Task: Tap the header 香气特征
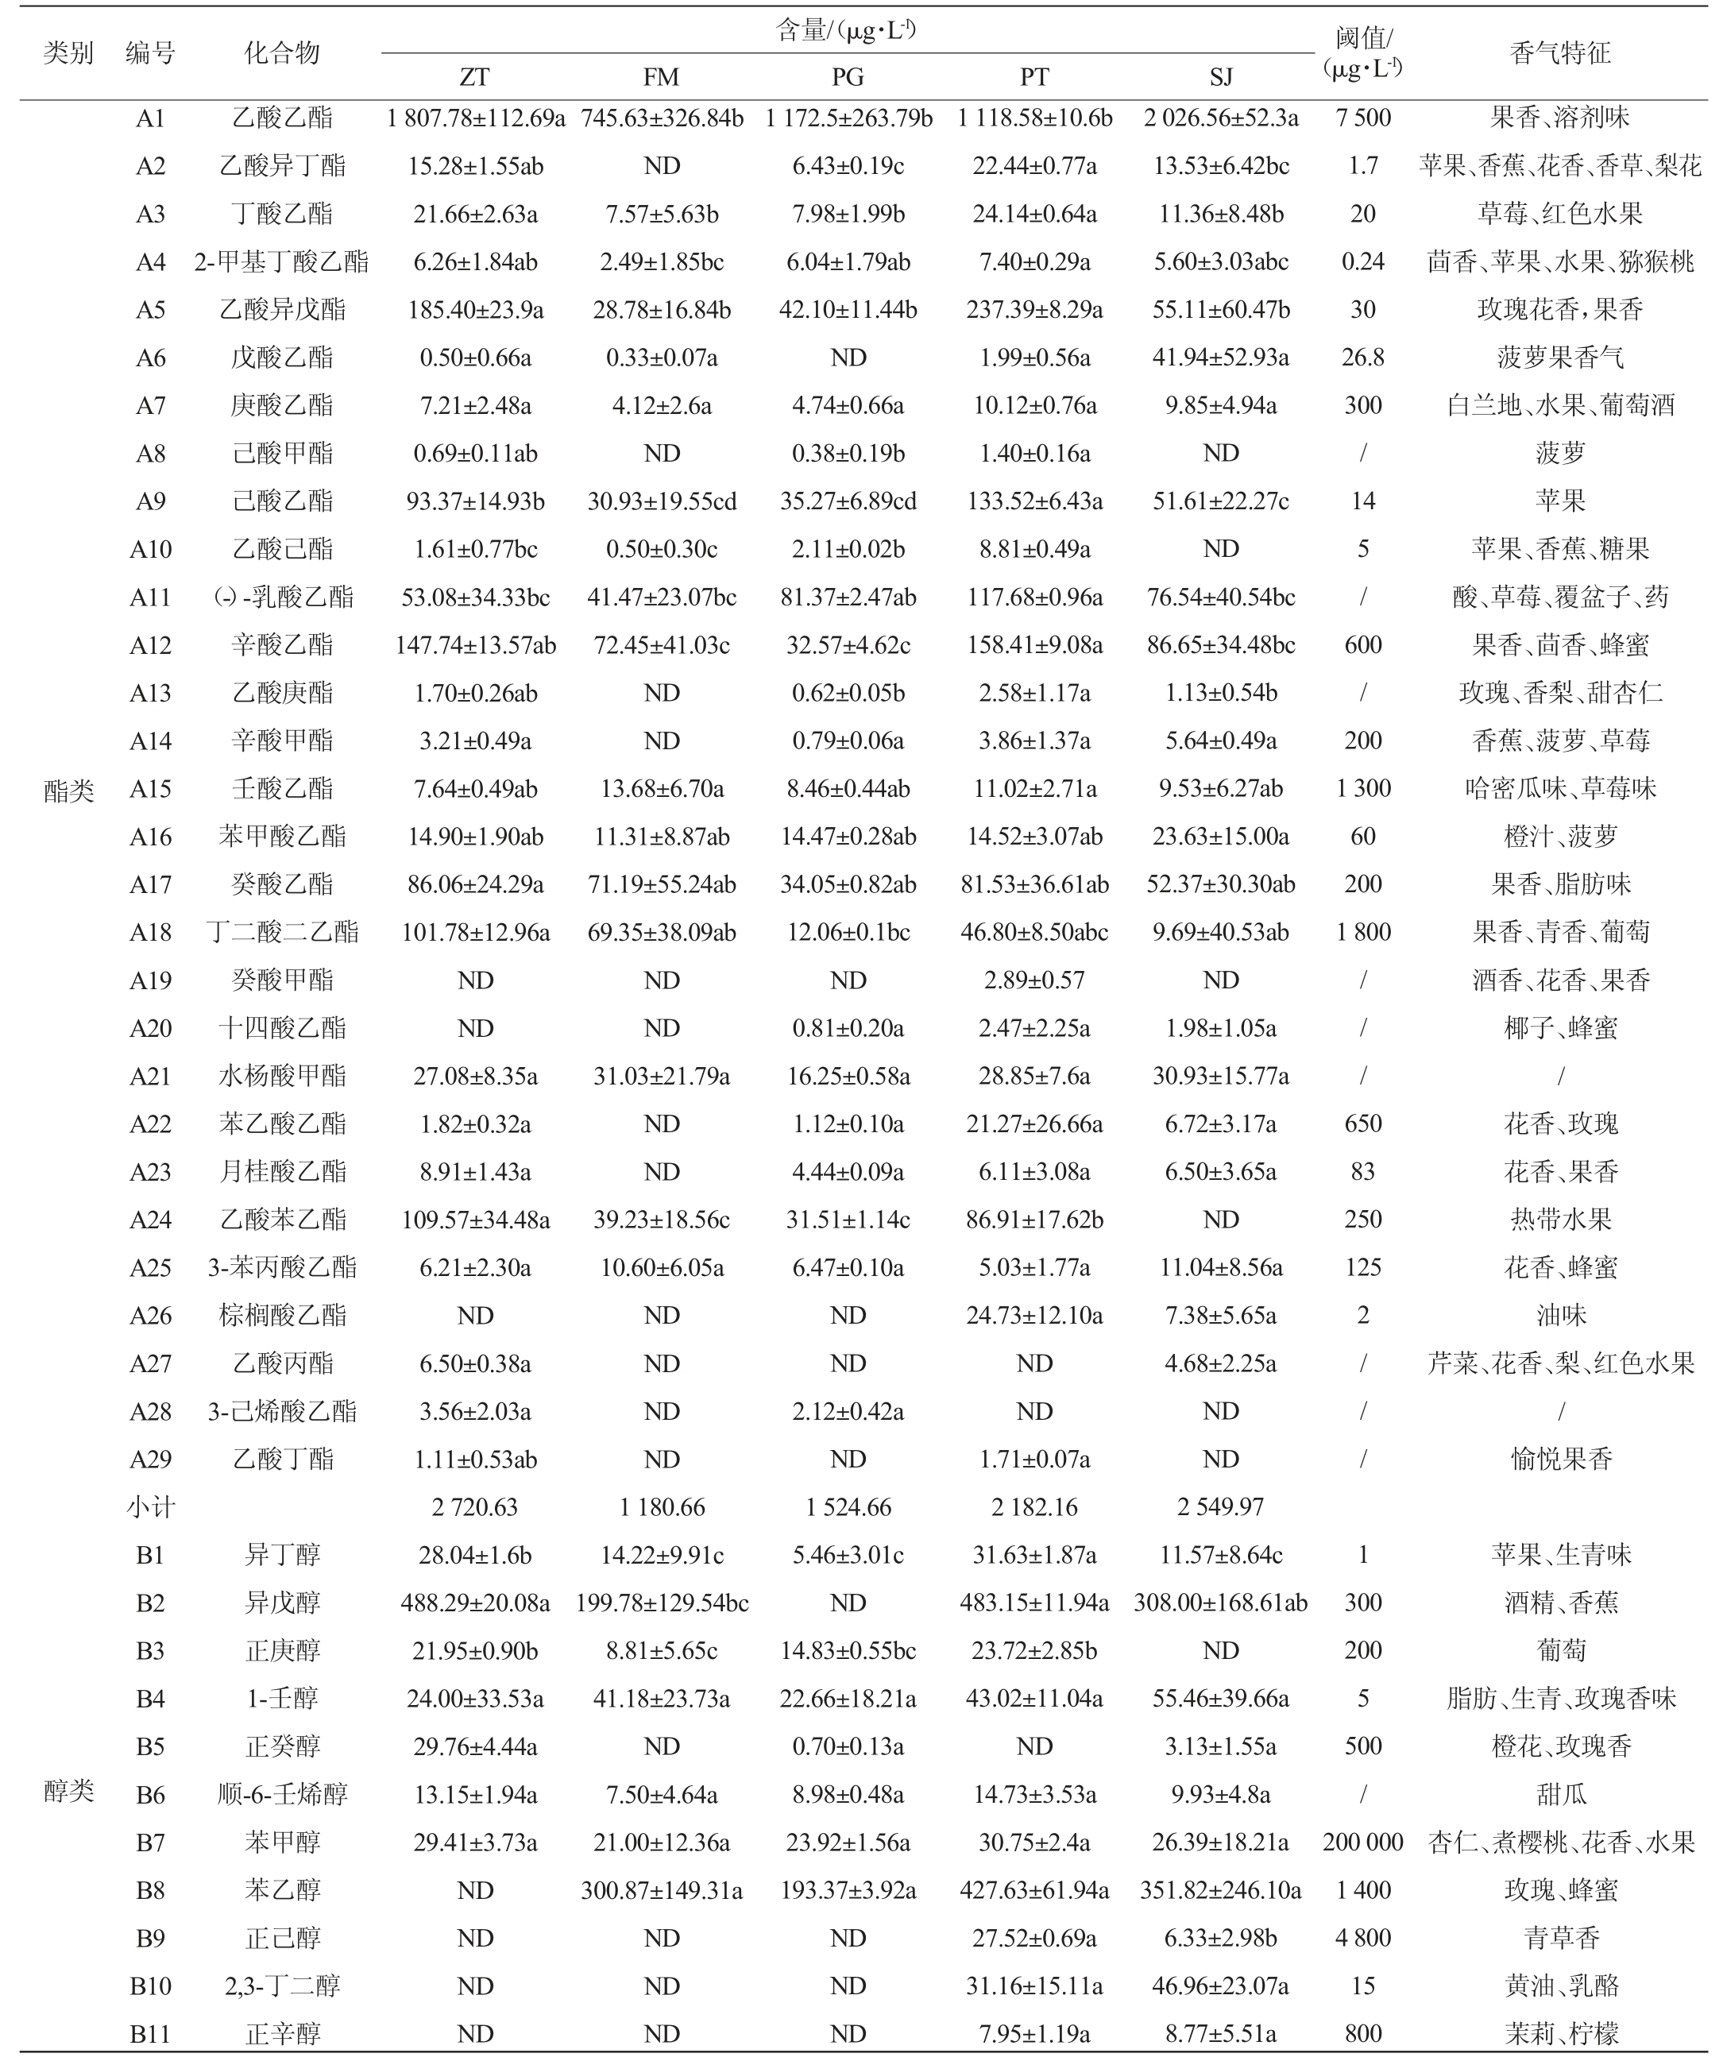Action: click(1560, 53)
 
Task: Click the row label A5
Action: click(150, 310)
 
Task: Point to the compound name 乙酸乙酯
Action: click(283, 118)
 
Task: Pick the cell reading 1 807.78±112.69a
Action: click(475, 118)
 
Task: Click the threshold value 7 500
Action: click(1363, 118)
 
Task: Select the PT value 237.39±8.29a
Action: click(1034, 310)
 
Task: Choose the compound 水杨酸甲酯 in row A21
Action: click(283, 1077)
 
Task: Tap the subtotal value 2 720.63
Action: click(475, 1507)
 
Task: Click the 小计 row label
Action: click(150, 1507)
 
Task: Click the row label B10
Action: click(150, 1986)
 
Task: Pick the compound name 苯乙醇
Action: click(283, 1890)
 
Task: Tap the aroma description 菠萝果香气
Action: click(1560, 358)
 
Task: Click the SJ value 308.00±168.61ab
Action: click(1221, 1603)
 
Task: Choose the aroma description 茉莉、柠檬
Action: click(1560, 2033)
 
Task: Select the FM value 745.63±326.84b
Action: click(663, 118)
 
